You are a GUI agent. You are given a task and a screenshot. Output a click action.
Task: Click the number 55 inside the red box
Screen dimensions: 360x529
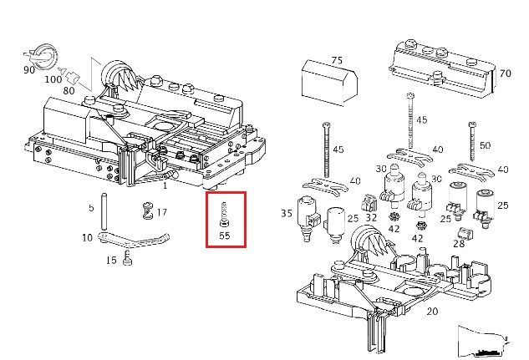coord(225,236)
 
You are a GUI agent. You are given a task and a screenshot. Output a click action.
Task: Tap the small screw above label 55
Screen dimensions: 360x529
coord(224,215)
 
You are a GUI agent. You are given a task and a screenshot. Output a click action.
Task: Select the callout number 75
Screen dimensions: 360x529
coord(337,60)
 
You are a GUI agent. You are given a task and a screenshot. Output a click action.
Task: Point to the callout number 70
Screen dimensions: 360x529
coord(504,73)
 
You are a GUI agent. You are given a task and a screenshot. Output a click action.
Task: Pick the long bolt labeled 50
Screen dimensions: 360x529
coord(472,146)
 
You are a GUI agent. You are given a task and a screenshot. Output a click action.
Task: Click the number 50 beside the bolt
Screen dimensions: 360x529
coord(486,145)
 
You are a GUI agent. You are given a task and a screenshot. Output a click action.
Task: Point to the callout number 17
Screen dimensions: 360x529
coord(161,213)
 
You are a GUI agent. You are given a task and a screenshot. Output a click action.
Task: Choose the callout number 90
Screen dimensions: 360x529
coord(29,70)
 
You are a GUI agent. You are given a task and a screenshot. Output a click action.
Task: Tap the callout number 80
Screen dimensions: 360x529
coord(69,89)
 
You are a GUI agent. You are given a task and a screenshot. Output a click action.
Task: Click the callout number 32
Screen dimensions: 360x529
coord(371,218)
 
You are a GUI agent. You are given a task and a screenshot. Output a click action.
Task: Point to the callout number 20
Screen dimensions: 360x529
coord(431,312)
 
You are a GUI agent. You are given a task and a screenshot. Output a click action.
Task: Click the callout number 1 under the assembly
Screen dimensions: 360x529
coord(165,185)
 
